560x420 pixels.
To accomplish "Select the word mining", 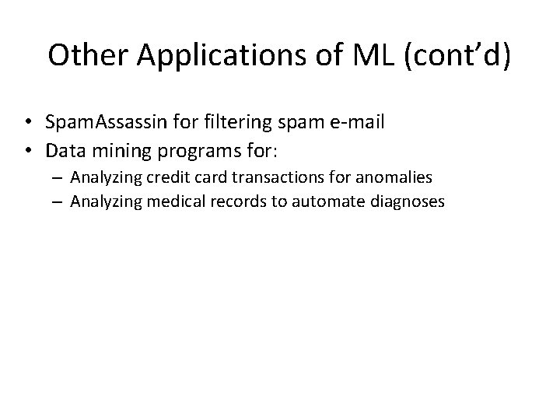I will click(x=124, y=148).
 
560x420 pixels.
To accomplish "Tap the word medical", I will click(x=160, y=201).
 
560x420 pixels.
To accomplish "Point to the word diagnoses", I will click(x=399, y=201).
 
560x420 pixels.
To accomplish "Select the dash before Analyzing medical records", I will click(x=58, y=201).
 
